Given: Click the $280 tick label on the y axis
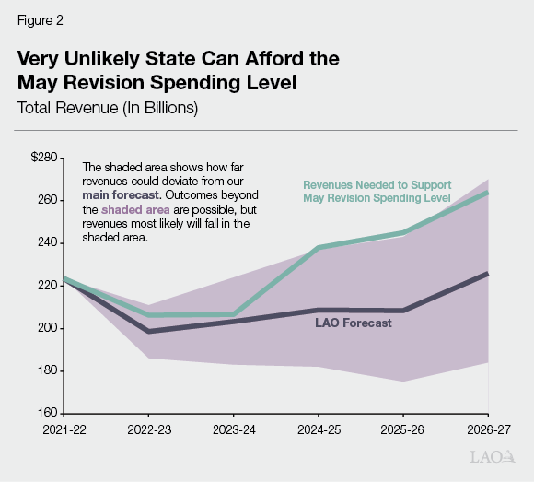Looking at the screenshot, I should (x=43, y=158).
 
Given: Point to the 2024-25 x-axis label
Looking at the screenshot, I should (x=319, y=429).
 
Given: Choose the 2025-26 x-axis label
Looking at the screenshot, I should (x=403, y=429).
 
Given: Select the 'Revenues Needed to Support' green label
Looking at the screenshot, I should (x=377, y=185).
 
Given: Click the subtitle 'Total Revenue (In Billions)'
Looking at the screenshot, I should (x=108, y=107).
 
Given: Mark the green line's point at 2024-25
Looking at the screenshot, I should (x=319, y=248).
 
